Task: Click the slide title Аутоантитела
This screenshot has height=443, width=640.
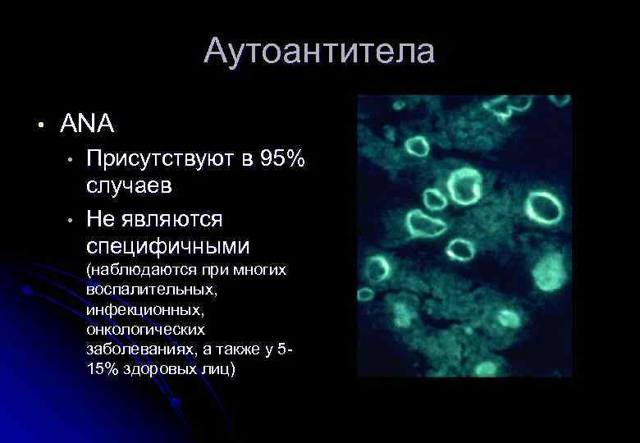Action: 319,52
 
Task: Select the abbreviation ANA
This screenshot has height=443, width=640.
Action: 87,124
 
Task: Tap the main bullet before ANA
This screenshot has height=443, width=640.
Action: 38,125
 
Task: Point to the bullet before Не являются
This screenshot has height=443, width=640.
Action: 72,219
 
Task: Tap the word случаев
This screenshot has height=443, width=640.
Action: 130,185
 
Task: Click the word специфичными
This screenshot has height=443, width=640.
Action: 168,246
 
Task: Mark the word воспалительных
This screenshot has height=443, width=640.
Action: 151,290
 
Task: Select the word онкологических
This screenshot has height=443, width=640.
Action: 144,330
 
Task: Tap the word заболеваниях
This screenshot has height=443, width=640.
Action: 141,349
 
